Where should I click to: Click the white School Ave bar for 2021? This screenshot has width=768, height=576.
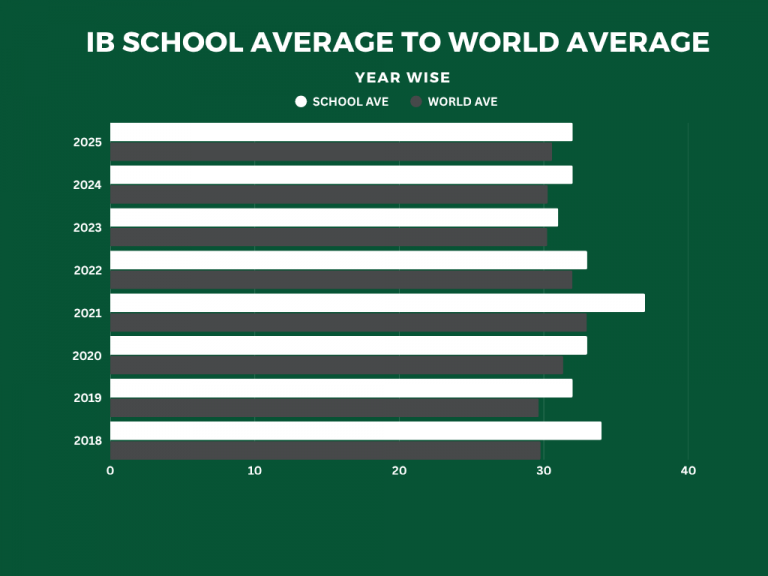point(377,303)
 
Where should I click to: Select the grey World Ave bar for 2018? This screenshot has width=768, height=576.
point(325,450)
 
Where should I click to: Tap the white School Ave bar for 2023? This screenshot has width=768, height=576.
point(334,217)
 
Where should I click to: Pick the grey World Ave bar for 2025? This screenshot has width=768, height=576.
point(331,152)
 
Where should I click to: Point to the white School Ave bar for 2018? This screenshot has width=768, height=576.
point(355,431)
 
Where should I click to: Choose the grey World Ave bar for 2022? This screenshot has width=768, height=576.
point(341,280)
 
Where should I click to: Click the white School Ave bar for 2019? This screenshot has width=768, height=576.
point(341,388)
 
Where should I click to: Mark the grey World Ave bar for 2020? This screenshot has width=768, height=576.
point(336,365)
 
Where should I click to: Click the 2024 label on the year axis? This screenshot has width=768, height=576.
point(87,185)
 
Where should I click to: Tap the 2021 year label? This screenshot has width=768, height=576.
point(87,313)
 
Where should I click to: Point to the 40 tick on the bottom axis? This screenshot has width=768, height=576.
point(688,471)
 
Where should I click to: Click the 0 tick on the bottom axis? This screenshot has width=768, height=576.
point(110,471)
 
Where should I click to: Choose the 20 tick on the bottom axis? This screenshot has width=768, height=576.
point(399,471)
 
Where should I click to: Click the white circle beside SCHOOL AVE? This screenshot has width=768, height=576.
point(301,102)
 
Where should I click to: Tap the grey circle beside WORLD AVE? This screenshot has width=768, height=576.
point(415,102)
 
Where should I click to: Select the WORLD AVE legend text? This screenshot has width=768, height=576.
point(462,102)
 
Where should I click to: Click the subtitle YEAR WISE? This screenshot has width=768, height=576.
point(403,78)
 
